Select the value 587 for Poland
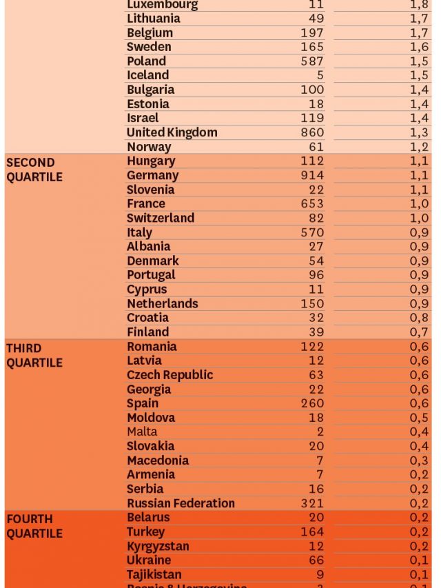tap(312, 61)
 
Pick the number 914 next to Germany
tap(312, 176)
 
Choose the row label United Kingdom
tap(172, 132)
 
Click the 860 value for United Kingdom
tap(312, 132)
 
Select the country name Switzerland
tap(161, 218)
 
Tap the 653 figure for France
tap(312, 204)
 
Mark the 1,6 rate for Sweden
tap(419, 47)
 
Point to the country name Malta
tap(142, 432)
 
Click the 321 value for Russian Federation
tap(312, 503)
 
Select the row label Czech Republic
tap(170, 375)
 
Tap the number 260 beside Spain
tap(312, 403)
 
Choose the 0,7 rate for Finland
tap(419, 332)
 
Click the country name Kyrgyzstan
tap(158, 546)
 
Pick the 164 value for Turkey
tap(312, 531)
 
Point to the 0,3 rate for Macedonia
tap(419, 460)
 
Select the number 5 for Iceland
tap(320, 75)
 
